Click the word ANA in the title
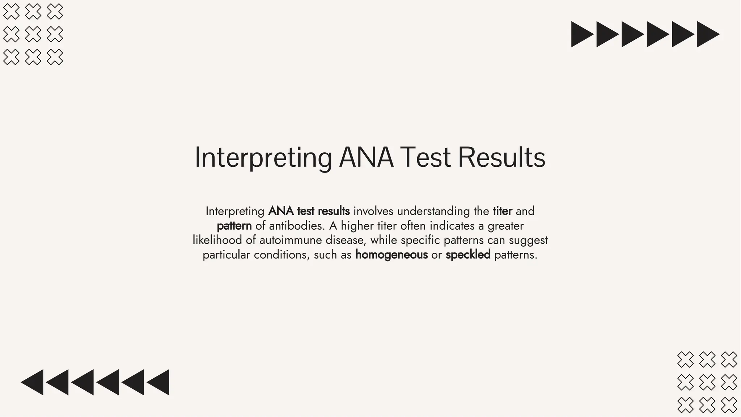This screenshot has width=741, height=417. click(366, 158)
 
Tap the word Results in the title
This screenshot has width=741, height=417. click(501, 158)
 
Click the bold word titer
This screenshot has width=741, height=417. click(502, 211)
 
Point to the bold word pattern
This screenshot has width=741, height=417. click(234, 226)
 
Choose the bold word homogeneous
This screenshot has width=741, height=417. click(391, 255)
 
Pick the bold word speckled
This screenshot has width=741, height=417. click(468, 255)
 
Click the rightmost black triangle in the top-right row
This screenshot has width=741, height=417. click(707, 34)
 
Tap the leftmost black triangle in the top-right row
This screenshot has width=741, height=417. click(581, 34)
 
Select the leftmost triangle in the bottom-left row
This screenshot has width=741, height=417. click(33, 382)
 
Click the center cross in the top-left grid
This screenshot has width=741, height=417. click(33, 34)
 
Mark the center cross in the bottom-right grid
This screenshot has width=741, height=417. click(707, 382)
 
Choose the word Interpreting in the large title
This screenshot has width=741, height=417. click(263, 158)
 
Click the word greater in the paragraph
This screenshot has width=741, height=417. click(505, 226)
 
